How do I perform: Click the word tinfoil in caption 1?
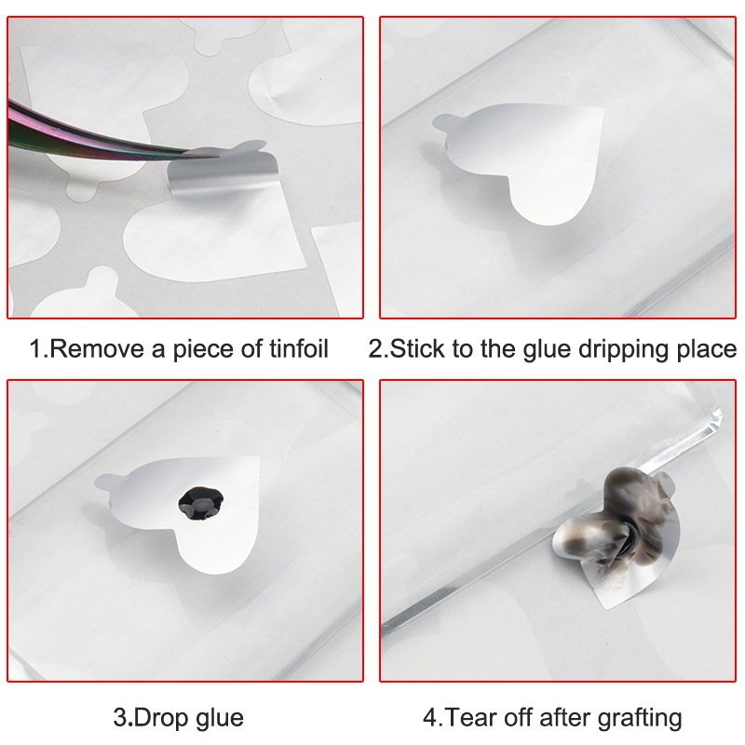(299, 348)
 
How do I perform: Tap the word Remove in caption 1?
(97, 348)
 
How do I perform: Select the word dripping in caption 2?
(623, 350)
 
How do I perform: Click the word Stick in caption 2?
(417, 348)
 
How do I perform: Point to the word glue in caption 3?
(220, 719)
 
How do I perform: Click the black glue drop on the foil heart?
(200, 503)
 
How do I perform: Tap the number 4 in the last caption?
(429, 718)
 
